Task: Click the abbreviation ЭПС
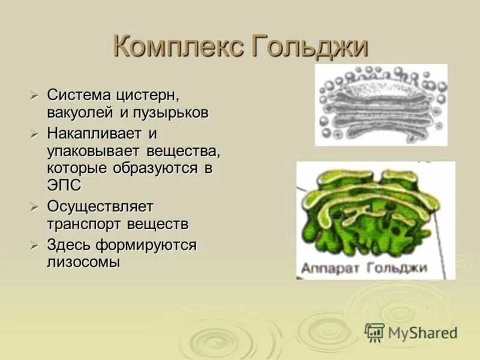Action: click(x=64, y=185)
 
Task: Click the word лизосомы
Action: click(x=83, y=262)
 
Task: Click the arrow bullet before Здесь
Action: click(x=35, y=245)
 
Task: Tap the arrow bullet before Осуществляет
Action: click(x=35, y=207)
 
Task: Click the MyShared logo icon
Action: click(x=374, y=332)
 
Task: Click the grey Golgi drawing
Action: click(x=381, y=105)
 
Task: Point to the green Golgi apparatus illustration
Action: click(x=375, y=210)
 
